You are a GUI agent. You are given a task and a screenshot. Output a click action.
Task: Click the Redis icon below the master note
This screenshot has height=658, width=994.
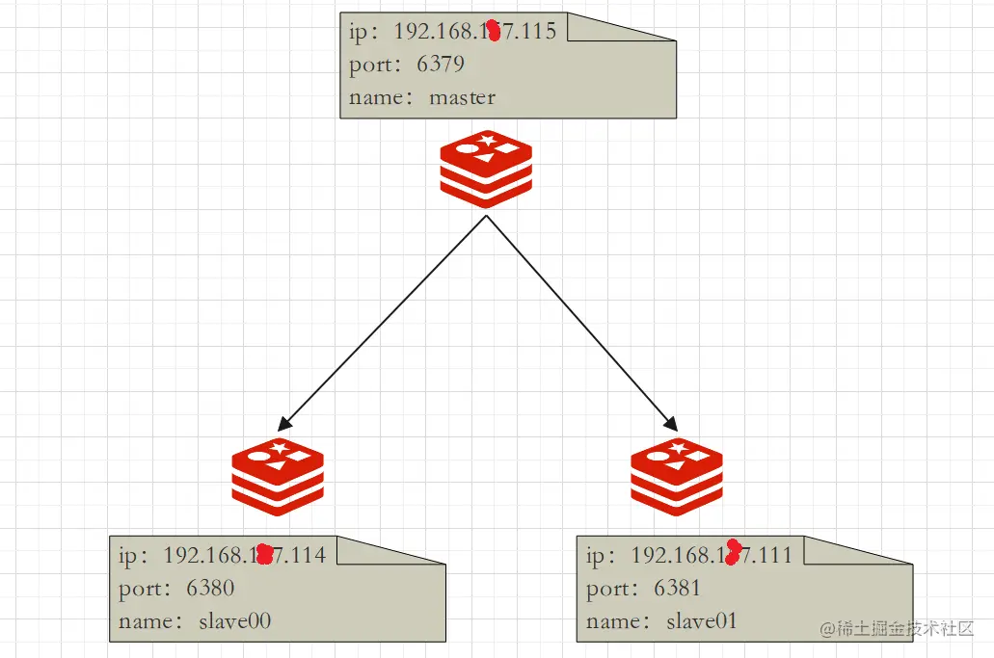pos(486,169)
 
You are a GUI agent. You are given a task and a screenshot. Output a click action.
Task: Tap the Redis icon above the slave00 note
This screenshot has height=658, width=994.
pos(278,471)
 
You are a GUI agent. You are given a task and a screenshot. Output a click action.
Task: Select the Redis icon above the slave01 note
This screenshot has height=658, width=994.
pos(677,473)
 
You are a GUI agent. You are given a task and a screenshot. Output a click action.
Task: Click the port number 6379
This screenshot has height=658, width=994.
pos(441,65)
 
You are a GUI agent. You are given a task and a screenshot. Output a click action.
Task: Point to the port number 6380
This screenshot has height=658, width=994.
pos(210,588)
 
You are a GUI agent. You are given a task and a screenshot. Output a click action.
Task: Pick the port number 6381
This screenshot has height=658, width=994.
pos(677,588)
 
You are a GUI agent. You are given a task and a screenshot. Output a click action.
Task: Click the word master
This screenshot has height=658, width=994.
pos(462,97)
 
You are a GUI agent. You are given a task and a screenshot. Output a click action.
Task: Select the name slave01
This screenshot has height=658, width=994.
pos(701,621)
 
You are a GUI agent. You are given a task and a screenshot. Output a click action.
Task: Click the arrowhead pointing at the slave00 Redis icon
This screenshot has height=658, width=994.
pos(283,423)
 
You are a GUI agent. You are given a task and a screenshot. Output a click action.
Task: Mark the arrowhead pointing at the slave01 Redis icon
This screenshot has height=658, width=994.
pos(670,422)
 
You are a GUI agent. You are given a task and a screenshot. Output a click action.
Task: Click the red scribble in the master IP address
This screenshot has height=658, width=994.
pos(494,30)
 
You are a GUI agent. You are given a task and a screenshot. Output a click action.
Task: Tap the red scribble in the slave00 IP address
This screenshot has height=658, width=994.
pos(264,553)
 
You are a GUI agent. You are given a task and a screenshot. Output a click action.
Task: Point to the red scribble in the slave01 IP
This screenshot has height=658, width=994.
pos(733,552)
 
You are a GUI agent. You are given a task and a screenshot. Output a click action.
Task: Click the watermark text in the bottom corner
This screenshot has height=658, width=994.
pos(897,628)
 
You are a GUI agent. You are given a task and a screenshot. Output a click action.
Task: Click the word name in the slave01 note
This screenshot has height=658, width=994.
pos(612,621)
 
